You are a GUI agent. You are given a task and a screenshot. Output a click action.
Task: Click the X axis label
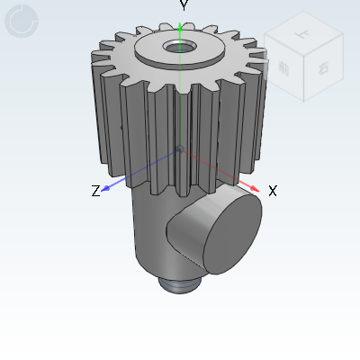click(272, 191)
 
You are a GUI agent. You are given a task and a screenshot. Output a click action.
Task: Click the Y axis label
click(184, 6)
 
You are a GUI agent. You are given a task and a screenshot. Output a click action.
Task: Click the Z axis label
click(95, 191)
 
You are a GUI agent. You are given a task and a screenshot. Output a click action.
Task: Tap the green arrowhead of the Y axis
click(181, 28)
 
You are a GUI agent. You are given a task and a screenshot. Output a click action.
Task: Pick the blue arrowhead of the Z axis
click(107, 187)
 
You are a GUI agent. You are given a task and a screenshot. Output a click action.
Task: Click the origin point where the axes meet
click(180, 149)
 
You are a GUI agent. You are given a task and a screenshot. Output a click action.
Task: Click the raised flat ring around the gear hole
click(202, 50)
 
